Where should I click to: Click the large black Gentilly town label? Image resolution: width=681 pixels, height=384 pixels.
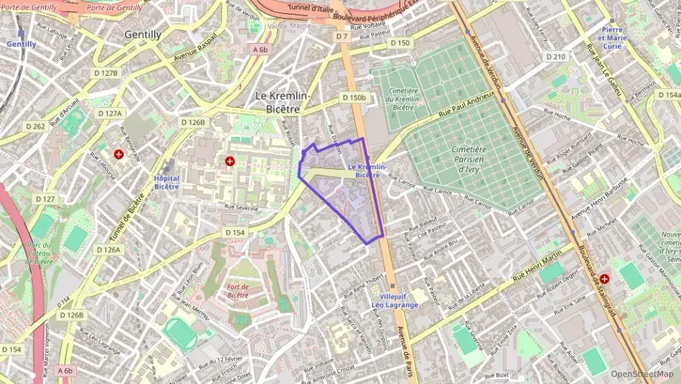click(143, 34)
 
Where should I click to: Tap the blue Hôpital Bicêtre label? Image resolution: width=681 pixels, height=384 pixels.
click(167, 182)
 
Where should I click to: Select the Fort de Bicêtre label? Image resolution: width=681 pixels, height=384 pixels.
click(238, 291)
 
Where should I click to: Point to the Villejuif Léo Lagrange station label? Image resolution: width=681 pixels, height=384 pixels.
click(394, 301)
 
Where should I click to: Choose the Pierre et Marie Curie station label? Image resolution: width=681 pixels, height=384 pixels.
click(611, 37)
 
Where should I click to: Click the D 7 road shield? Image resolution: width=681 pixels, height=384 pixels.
click(341, 36)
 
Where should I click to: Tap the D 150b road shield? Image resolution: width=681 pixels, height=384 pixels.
click(354, 98)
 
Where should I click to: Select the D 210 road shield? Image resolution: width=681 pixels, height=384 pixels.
click(555, 57)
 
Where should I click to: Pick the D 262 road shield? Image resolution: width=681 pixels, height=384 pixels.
click(36, 127)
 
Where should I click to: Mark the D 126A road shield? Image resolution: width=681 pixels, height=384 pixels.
click(108, 249)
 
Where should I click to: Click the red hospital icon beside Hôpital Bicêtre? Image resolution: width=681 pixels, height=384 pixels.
click(230, 161)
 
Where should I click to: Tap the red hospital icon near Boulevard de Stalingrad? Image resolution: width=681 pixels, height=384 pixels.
click(605, 278)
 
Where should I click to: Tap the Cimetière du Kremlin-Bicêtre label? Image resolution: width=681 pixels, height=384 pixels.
click(405, 98)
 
